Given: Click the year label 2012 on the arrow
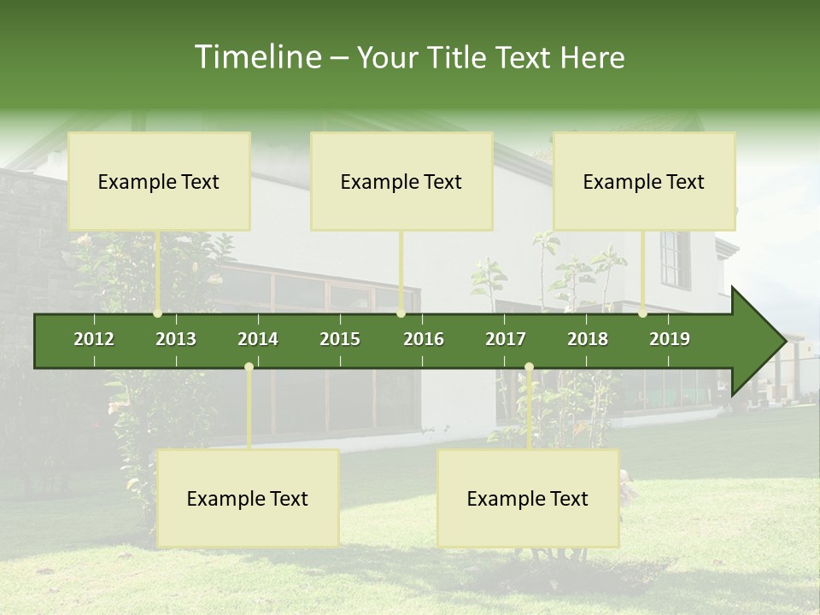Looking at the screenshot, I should pyautogui.click(x=94, y=339).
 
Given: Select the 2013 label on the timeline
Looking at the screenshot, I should pyautogui.click(x=176, y=339).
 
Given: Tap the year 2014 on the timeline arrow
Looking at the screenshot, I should pyautogui.click(x=258, y=339).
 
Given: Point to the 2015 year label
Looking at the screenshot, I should pyautogui.click(x=340, y=339).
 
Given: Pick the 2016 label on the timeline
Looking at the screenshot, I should pyautogui.click(x=424, y=339).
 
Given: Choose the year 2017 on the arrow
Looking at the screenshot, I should pyautogui.click(x=506, y=339).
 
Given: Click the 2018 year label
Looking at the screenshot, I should pyautogui.click(x=588, y=339).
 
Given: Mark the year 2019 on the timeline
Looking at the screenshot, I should pyautogui.click(x=670, y=339).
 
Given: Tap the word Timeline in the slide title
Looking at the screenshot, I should pyautogui.click(x=255, y=57).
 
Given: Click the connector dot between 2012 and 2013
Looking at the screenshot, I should pyautogui.click(x=157, y=313).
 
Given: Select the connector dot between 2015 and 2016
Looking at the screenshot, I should pyautogui.click(x=401, y=313).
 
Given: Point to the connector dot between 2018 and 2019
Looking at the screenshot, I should pyautogui.click(x=642, y=313).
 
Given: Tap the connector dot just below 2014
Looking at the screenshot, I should pyautogui.click(x=249, y=366).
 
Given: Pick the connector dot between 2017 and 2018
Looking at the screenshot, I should pyautogui.click(x=529, y=366).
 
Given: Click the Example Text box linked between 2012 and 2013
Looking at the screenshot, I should pyautogui.click(x=159, y=181).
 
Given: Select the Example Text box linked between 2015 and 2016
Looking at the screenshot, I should pyautogui.click(x=401, y=181).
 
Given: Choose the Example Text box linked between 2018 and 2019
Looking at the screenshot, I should pyautogui.click(x=644, y=181).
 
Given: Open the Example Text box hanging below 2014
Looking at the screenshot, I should pyautogui.click(x=248, y=498).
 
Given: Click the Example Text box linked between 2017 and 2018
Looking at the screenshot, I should pyautogui.click(x=528, y=498).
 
